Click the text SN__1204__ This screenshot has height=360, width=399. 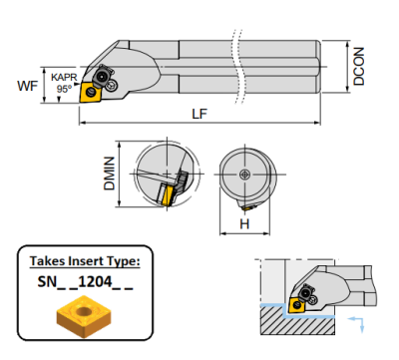80,283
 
